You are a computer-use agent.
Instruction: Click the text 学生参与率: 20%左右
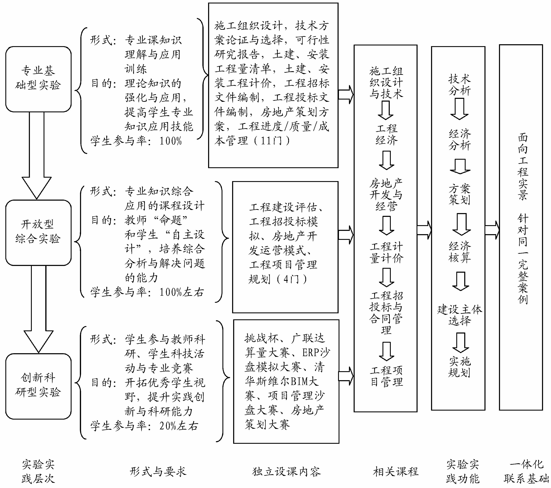pos(144,426)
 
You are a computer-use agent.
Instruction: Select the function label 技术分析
pos(460,85)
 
